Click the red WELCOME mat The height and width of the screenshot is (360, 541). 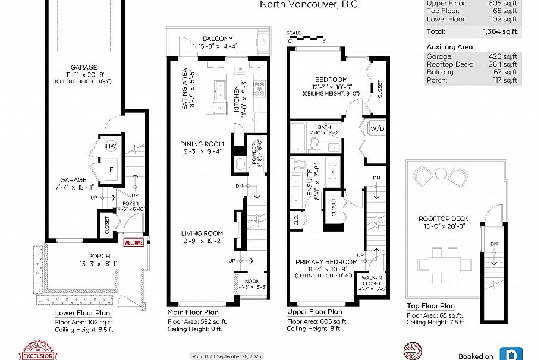pyautogui.click(x=134, y=242)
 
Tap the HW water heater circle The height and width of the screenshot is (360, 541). pyautogui.click(x=111, y=147)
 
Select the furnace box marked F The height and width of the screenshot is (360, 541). pyautogui.click(x=111, y=168)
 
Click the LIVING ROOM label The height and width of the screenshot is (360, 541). pyautogui.click(x=202, y=233)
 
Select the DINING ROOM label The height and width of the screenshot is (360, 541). pyautogui.click(x=202, y=144)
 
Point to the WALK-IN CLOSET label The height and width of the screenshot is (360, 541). pyautogui.click(x=372, y=280)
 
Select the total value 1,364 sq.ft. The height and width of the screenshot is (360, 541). pyautogui.click(x=502, y=31)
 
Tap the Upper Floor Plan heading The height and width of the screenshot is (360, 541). pyautogui.click(x=314, y=312)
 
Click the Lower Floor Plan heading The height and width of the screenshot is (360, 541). pyautogui.click(x=81, y=312)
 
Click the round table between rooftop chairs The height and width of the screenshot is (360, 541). pyautogui.click(x=441, y=173)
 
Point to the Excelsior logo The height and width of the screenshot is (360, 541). pyautogui.click(x=37, y=350)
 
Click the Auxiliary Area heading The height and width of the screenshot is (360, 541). pyautogui.click(x=450, y=46)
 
